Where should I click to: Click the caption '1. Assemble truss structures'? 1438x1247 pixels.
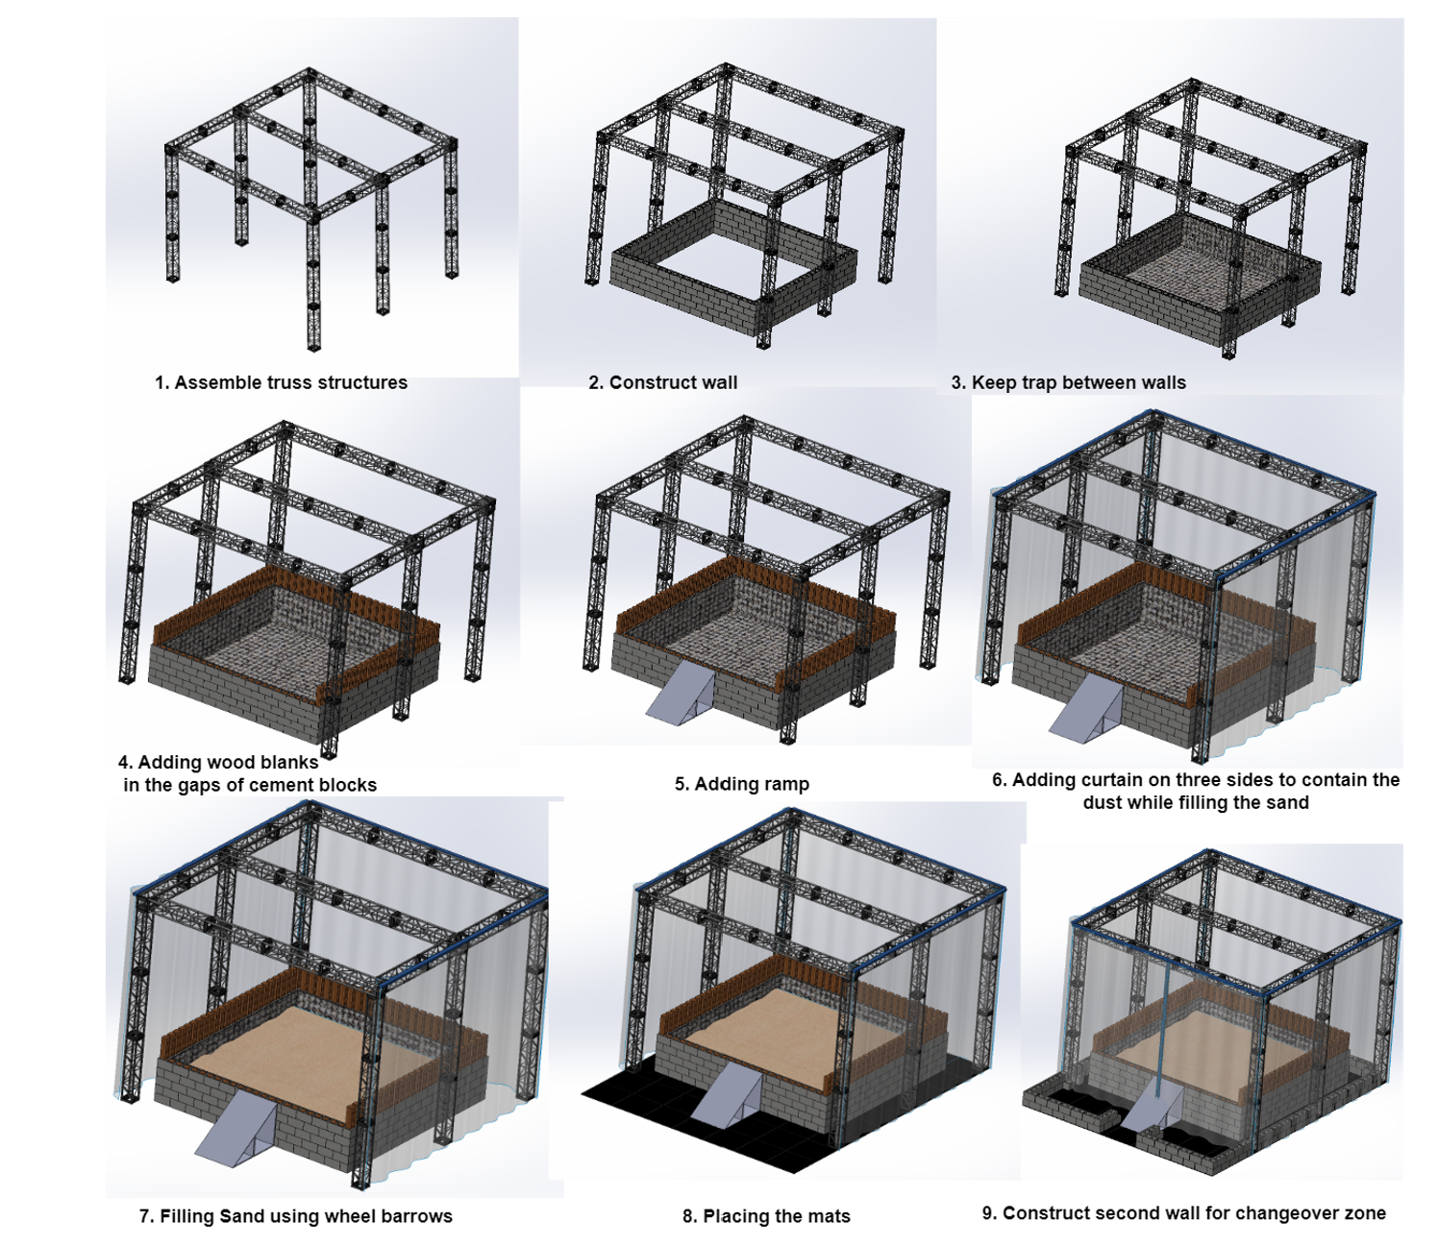[281, 382]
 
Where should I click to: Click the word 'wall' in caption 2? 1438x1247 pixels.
[718, 382]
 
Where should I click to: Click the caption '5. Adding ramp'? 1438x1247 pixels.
[741, 784]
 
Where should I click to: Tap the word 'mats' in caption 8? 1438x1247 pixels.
[830, 1216]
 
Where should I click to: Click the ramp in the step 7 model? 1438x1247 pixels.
[236, 1130]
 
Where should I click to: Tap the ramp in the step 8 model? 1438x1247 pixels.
[726, 1095]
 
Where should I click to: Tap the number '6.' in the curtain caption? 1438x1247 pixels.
[999, 779]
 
